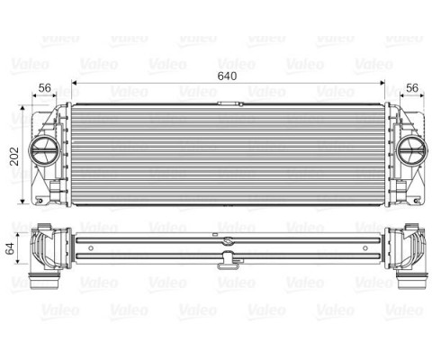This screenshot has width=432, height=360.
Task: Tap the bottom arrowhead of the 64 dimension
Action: tap(22, 271)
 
